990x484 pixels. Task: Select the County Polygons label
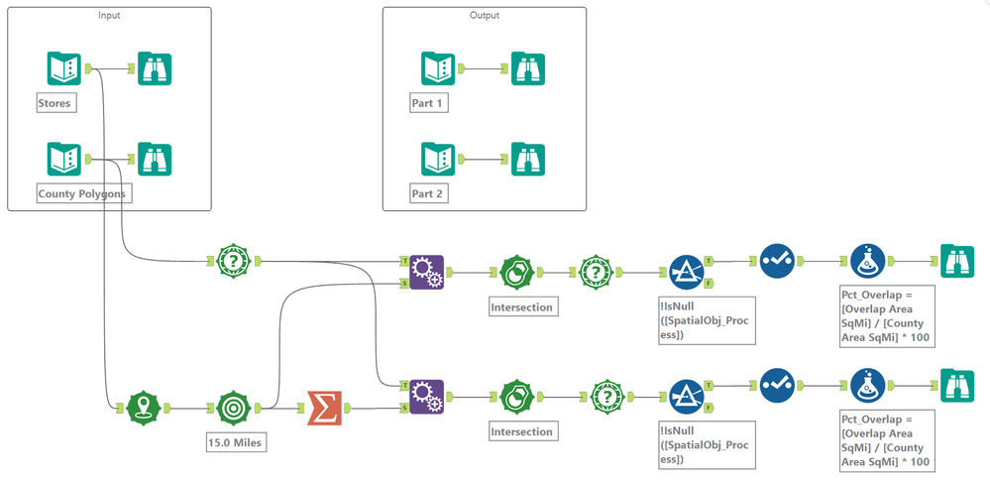[x=81, y=194]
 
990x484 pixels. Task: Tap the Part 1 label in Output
[x=428, y=103]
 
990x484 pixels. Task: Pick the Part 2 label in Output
[x=428, y=194]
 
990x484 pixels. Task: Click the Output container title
[x=485, y=16]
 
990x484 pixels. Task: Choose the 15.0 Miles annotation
[x=234, y=442]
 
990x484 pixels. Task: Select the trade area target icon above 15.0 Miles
[x=234, y=407]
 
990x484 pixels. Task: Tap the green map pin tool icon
[x=145, y=407]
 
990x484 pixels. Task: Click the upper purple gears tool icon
[x=426, y=271]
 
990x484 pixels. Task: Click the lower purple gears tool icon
[x=426, y=396]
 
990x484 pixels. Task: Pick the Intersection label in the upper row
[x=521, y=307]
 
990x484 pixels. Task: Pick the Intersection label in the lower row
[x=521, y=432]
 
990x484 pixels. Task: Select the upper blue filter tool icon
[x=686, y=271]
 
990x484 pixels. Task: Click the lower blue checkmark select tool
[x=777, y=385]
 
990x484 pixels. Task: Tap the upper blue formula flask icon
[x=867, y=261]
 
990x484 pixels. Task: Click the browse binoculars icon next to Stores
[x=155, y=68]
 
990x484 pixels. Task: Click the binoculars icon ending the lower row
[x=957, y=385]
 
